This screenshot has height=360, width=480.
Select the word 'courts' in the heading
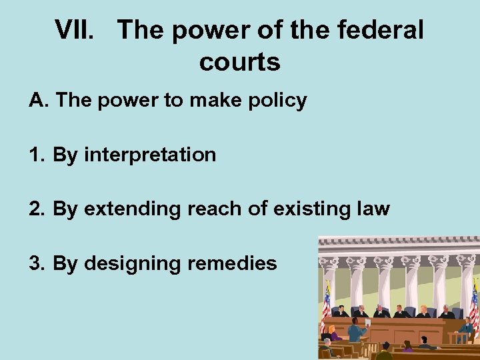tap(239, 62)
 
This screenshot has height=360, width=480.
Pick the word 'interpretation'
tap(150, 155)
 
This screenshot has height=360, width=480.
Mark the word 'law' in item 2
tap(373, 209)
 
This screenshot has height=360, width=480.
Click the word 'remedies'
tap(232, 263)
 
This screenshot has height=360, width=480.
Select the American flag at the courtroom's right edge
tap(474, 303)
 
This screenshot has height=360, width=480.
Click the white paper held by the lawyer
tap(367, 323)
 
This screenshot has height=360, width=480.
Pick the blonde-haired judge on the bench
tap(424, 311)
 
